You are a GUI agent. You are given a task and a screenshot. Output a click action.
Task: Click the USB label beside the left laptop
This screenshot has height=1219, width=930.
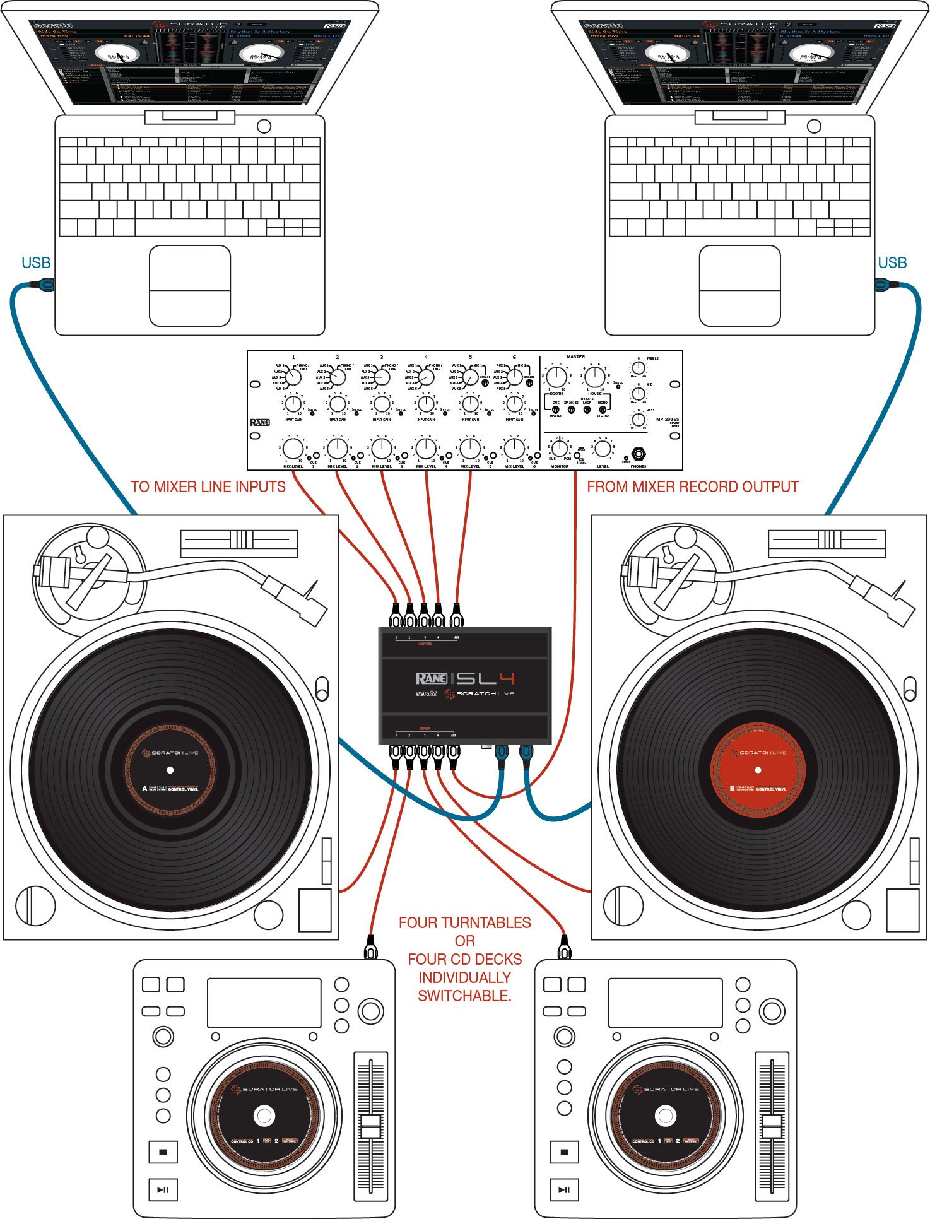click(x=36, y=263)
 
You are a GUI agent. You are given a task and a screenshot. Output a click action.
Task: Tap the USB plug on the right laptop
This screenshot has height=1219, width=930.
click(x=882, y=285)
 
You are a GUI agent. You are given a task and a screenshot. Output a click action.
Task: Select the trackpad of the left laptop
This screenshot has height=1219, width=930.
click(x=190, y=286)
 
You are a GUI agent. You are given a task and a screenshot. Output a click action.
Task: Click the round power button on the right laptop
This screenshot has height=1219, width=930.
click(x=815, y=126)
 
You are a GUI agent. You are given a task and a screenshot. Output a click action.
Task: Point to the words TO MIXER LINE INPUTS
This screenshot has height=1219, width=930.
click(x=208, y=487)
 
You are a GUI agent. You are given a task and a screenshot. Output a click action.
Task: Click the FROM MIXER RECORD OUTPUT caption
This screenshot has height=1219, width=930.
click(x=693, y=487)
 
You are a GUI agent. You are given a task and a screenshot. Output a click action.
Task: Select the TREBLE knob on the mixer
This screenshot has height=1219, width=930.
click(x=639, y=368)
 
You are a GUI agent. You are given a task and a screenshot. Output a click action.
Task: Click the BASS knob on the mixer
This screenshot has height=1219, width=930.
click(x=639, y=419)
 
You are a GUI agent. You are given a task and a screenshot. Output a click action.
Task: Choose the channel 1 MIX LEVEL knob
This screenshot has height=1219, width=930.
click(x=293, y=449)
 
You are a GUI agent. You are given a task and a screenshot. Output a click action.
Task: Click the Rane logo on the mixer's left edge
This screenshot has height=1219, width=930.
click(x=260, y=422)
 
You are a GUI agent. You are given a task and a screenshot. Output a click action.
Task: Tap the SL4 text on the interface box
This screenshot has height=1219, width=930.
click(x=486, y=678)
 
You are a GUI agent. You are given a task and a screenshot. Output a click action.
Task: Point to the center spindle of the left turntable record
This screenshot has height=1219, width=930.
click(x=170, y=770)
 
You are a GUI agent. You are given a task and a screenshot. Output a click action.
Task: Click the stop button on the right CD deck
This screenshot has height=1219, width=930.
click(x=564, y=1152)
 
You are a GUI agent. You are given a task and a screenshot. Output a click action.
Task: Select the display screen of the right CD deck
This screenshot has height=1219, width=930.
click(x=665, y=1003)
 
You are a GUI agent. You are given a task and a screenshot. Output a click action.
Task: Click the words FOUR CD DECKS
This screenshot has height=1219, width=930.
click(x=465, y=959)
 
